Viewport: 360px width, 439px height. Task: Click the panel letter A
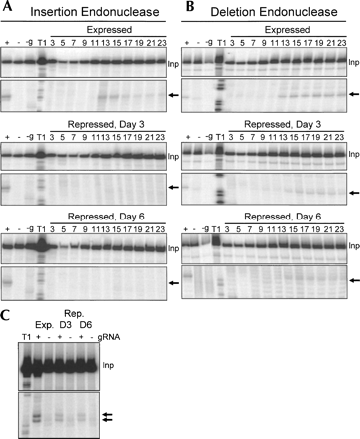coord(7,7)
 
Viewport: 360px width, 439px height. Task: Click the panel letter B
coord(190,7)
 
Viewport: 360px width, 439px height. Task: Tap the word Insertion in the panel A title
coord(53,12)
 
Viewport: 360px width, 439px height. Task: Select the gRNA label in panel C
coord(109,337)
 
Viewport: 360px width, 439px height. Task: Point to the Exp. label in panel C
coord(44,325)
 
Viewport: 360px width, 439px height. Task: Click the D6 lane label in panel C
coord(86,325)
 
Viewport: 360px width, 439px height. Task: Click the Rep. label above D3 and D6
coord(74,314)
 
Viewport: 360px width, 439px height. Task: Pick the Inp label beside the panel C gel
coord(108,365)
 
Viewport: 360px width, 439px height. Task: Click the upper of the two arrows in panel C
coord(107,415)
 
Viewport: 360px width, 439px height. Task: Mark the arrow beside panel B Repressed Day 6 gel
coord(354,281)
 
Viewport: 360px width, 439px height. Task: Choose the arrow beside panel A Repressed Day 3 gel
coord(174,188)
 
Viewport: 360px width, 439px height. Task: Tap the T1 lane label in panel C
coord(26,337)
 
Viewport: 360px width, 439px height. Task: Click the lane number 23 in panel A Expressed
coord(162,43)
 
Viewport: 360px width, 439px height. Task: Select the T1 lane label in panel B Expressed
coord(221,43)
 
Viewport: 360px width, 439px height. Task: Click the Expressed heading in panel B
coord(287,30)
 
